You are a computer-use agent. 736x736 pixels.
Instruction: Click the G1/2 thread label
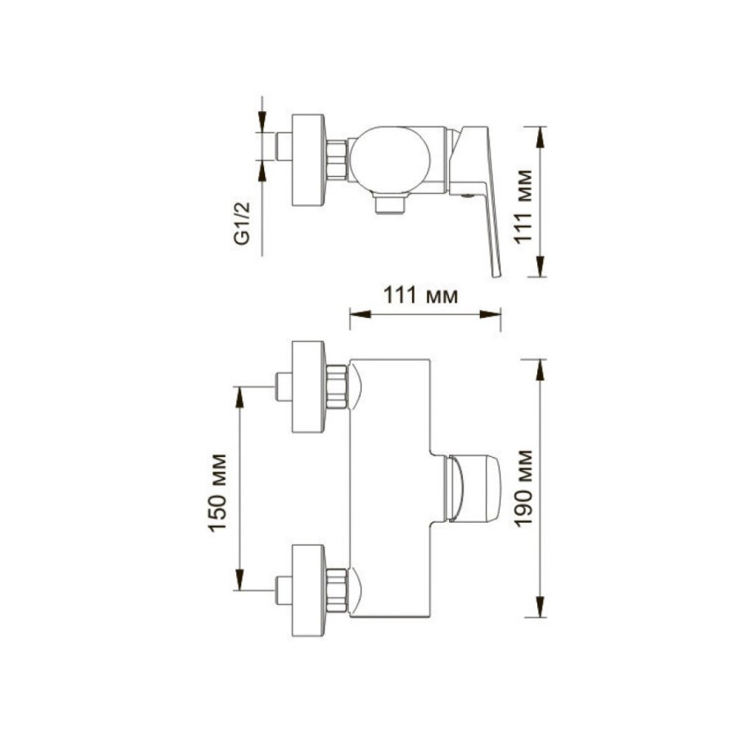click(x=242, y=223)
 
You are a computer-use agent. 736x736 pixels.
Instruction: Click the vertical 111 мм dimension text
click(x=523, y=206)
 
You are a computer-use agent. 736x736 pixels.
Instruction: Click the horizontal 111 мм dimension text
click(x=420, y=295)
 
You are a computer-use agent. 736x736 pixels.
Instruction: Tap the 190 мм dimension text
click(x=523, y=489)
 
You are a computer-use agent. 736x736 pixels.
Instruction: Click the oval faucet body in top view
click(x=390, y=159)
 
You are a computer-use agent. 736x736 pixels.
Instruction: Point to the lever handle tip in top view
click(x=496, y=274)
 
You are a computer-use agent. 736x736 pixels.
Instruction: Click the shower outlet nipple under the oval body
click(x=390, y=204)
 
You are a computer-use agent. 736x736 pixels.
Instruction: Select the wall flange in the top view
click(x=308, y=160)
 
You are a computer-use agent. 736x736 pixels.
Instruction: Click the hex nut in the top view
click(x=337, y=159)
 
